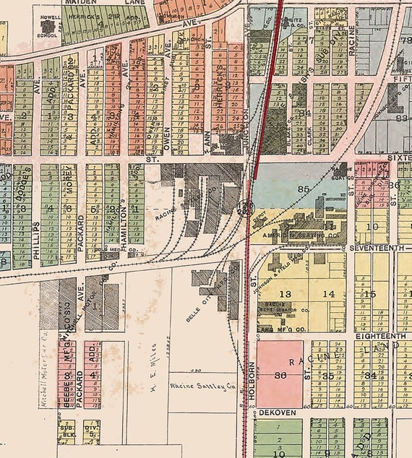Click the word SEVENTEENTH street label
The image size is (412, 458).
coord(380,248)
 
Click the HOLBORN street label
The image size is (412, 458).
coord(254,376)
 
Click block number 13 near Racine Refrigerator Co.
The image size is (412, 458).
coord(286,293)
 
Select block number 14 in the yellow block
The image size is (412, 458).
coord(329,293)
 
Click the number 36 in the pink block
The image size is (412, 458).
coord(280,374)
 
